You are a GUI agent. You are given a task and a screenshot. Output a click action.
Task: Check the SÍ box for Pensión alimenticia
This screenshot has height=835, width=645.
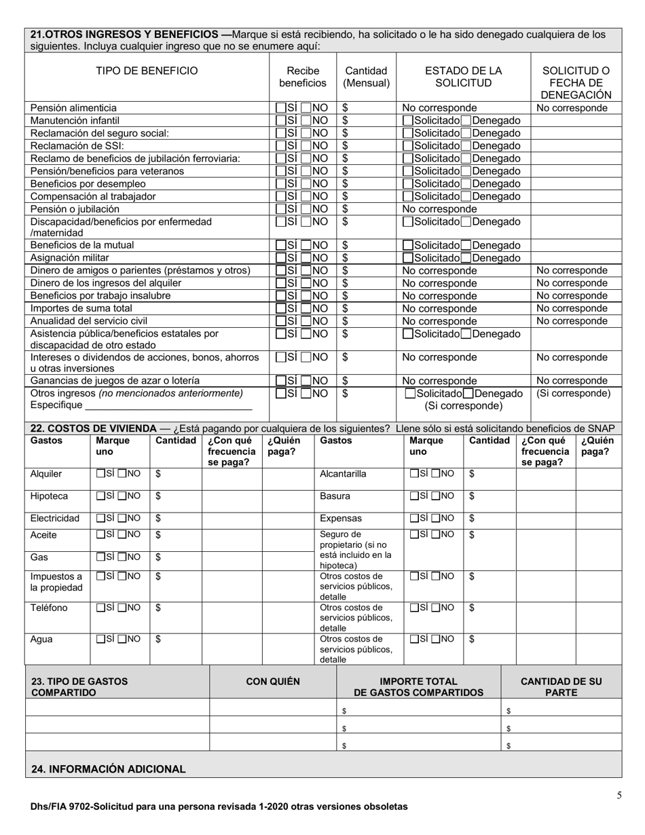coord(280,108)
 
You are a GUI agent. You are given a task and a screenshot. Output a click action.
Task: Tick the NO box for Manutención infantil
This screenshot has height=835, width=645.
coord(306,121)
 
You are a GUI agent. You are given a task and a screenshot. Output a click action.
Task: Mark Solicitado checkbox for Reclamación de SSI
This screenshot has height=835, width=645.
coord(408,146)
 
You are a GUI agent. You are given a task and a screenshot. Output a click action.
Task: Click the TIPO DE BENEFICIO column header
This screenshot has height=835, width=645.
coord(147,71)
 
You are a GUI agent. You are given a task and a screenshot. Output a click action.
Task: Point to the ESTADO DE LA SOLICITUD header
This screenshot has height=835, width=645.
coord(463,77)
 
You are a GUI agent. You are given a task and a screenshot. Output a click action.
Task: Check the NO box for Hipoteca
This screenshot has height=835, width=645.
coord(123,496)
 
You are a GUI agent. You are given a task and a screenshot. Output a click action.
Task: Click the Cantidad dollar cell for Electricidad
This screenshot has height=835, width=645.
coord(176,519)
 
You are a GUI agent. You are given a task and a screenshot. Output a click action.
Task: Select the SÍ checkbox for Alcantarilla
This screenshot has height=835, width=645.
coord(415,474)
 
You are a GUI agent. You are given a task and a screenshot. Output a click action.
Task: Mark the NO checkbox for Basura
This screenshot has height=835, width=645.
coord(437,496)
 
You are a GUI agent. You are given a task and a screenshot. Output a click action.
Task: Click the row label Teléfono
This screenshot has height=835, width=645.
coord(50,608)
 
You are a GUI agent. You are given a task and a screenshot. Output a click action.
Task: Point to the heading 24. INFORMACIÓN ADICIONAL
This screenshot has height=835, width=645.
coord(109,769)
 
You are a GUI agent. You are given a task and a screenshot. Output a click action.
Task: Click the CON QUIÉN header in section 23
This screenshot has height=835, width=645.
coord(272,682)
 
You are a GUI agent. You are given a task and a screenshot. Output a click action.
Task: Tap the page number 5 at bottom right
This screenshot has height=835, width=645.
coord(619,796)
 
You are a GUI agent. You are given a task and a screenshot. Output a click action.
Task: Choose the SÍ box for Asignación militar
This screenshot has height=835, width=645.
coord(280,258)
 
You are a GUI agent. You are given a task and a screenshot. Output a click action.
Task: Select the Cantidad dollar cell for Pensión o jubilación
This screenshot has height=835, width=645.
coord(367,209)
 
